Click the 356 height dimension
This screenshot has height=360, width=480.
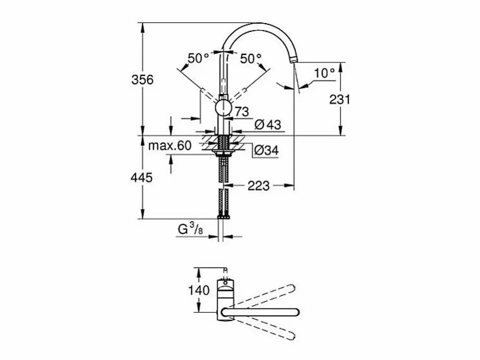point(142,79)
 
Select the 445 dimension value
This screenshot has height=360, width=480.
point(142,177)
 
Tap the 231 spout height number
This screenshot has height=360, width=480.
point(340,99)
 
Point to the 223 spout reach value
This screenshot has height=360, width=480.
point(259,186)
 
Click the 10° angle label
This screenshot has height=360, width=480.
point(325,73)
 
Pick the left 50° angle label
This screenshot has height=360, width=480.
point(198,58)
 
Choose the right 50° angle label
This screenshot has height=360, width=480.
point(250,58)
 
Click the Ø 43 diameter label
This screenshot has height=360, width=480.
point(268,125)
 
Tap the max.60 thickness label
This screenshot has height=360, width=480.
point(170,146)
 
